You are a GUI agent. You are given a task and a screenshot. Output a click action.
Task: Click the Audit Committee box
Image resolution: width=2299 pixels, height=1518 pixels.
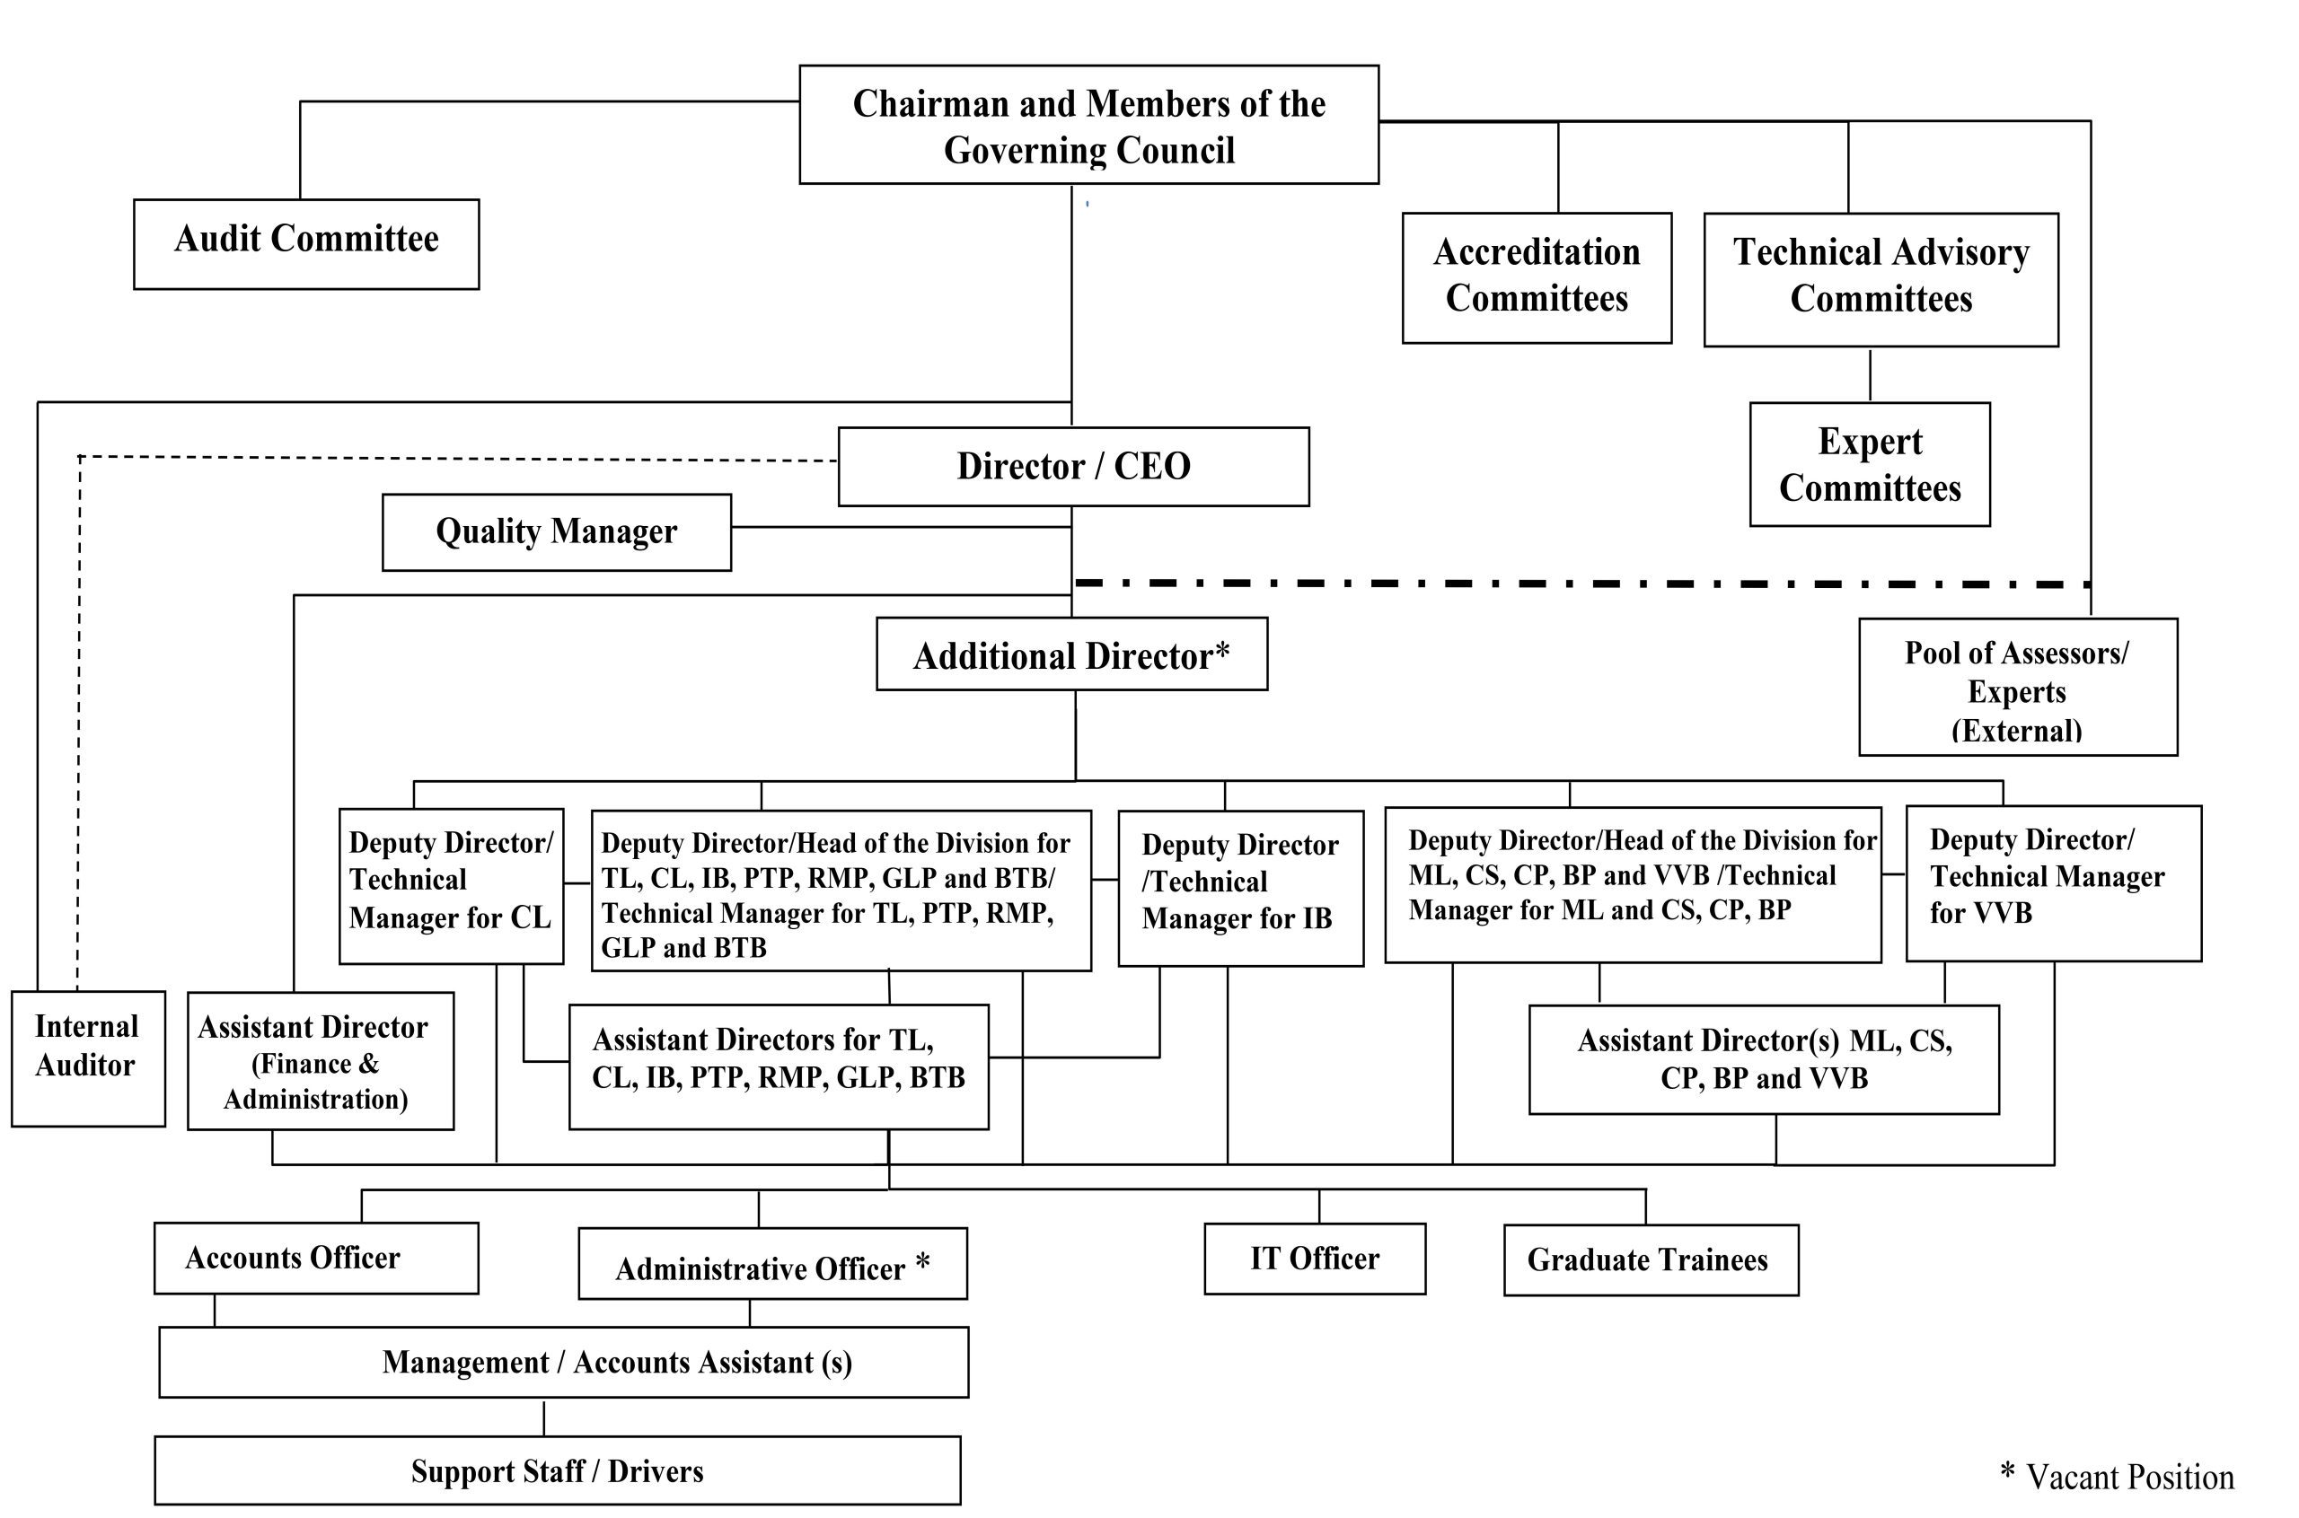[306, 244]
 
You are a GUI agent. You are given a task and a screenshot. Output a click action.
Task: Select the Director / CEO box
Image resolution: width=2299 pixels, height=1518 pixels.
[1073, 467]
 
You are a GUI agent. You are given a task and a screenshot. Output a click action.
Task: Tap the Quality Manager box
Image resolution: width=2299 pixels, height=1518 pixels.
[557, 532]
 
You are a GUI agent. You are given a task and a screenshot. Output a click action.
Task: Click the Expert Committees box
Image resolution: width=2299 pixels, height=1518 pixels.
[1870, 465]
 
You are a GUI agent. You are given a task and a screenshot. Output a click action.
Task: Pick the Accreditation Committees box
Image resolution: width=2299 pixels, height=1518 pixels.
[1537, 278]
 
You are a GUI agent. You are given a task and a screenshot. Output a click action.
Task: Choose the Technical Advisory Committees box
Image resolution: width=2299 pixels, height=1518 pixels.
[1881, 280]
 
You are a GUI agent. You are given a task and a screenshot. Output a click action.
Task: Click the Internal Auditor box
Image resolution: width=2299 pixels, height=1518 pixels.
[88, 1058]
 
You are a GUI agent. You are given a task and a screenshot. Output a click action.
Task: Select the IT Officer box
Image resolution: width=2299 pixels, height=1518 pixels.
[1315, 1259]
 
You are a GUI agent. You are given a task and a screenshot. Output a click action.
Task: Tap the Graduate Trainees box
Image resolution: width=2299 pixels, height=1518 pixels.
[1652, 1259]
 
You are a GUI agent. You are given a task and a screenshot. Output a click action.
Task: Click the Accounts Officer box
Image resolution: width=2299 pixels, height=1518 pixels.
[316, 1258]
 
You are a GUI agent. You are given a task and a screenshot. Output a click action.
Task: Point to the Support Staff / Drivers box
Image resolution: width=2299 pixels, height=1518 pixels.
[558, 1470]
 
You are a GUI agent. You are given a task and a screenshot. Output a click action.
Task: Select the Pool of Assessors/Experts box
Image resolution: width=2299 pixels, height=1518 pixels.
[2018, 687]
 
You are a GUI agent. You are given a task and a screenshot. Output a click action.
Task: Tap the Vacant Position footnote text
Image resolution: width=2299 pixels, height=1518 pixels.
[2117, 1476]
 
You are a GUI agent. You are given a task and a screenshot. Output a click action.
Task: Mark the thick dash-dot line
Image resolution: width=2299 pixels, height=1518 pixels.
[1583, 584]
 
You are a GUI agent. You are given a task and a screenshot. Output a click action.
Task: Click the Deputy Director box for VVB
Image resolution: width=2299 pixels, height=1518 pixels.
[2054, 884]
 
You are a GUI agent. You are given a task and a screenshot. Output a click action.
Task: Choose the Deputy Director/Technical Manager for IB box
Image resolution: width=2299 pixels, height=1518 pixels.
[1240, 889]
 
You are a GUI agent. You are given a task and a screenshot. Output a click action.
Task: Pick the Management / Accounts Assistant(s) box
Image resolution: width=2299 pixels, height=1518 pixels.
[564, 1362]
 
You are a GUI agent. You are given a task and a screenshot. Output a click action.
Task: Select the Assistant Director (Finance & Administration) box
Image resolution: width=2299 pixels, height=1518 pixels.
[321, 1061]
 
